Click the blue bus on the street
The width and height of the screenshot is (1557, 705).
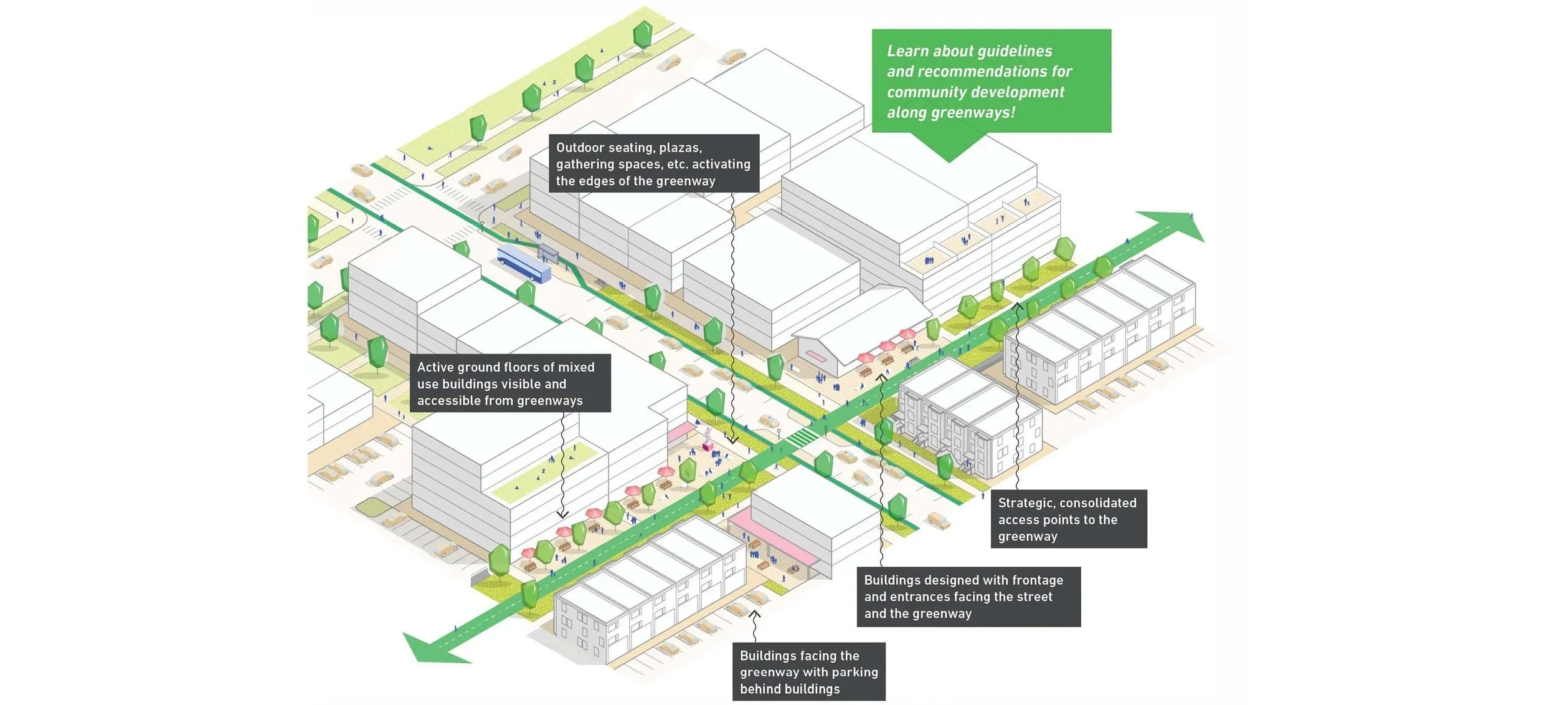[x=524, y=263]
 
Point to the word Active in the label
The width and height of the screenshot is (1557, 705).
[x=435, y=367]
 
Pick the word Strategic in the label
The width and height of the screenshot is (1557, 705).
[x=1027, y=503]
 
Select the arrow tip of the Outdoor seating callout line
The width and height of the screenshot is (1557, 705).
[x=733, y=443]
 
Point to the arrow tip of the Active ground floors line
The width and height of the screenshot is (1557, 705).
[x=562, y=516]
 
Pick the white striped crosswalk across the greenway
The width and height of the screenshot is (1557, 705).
[x=802, y=436]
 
